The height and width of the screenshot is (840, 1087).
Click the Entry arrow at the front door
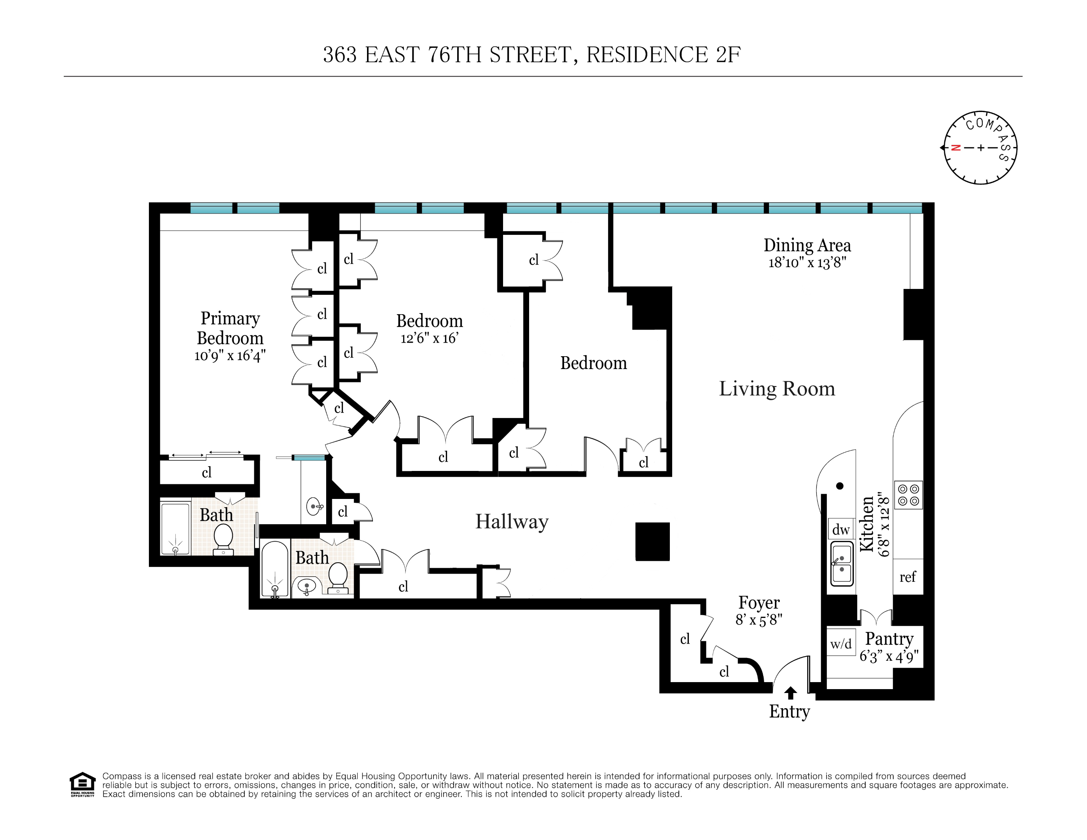click(790, 693)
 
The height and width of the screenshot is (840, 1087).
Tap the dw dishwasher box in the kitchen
click(841, 530)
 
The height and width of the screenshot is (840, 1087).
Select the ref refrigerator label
click(907, 577)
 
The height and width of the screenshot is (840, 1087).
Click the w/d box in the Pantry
click(841, 644)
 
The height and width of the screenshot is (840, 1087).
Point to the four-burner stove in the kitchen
click(908, 495)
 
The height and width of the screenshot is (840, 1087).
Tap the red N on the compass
click(955, 147)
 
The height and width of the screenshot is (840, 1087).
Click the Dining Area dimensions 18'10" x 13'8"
click(807, 262)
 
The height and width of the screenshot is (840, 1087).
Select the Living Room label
click(776, 388)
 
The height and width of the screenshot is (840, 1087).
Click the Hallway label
click(512, 521)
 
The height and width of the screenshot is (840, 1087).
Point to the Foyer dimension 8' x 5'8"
click(758, 620)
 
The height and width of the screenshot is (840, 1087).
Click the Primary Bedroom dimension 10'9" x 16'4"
click(230, 355)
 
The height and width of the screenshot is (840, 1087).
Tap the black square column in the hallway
click(652, 542)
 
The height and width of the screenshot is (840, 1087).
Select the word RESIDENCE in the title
click(647, 55)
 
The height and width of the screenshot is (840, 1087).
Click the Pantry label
click(889, 638)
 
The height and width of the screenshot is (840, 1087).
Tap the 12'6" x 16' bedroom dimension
click(429, 338)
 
